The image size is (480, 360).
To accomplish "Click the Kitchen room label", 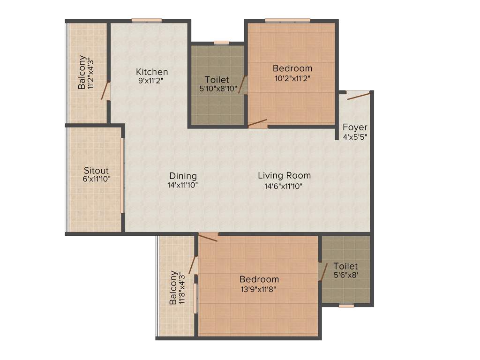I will [x=152, y=72].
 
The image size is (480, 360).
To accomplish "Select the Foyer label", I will [x=355, y=127].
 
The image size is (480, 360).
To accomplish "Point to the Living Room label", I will [x=284, y=176].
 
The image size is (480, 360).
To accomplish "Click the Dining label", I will [x=183, y=176].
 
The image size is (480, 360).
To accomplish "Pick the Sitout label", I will [x=96, y=170].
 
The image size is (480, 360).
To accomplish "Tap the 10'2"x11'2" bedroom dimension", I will [x=292, y=78].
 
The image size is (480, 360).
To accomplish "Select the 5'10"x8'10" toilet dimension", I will [x=217, y=88].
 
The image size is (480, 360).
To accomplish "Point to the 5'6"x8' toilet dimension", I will [x=345, y=276].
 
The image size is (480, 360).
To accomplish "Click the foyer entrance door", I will [x=359, y=96].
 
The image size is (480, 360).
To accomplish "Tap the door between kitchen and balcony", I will [x=106, y=91].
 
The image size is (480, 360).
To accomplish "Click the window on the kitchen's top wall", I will [x=147, y=20].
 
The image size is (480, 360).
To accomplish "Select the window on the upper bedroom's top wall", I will [x=287, y=20].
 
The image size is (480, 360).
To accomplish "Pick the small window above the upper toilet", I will [x=221, y=43].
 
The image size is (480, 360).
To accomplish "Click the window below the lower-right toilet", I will [x=346, y=306].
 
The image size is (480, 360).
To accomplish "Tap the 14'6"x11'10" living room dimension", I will [x=284, y=186].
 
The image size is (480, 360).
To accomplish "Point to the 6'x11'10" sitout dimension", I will [x=96, y=179].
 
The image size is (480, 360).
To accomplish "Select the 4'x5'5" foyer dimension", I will [x=355, y=137].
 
